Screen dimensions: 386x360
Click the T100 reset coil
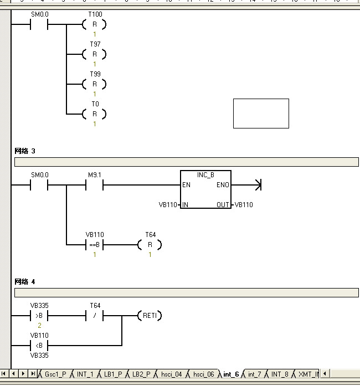[x=94, y=24]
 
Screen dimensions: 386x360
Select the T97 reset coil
[x=94, y=54]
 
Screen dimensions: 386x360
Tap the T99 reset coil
[x=94, y=84]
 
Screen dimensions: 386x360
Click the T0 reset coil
[x=94, y=114]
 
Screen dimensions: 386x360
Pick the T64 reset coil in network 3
[x=150, y=245]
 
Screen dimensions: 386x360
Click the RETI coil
[x=150, y=316]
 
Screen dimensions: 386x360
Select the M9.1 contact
[x=94, y=185]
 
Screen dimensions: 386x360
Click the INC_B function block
[x=205, y=190]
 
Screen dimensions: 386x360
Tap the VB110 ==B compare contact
[x=94, y=245]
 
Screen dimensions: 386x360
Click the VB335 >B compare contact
[x=39, y=316]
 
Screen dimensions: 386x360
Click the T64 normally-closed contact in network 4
[x=94, y=316]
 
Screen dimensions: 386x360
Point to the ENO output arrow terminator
[x=255, y=185]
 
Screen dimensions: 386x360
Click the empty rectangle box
[x=261, y=114]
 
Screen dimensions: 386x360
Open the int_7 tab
[x=254, y=374]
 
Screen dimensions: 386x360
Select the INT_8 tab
[x=280, y=374]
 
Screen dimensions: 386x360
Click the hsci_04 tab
[x=171, y=374]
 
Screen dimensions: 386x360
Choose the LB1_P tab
[x=113, y=374]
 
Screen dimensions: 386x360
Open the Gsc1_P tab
[x=55, y=374]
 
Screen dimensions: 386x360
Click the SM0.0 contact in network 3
[x=39, y=185]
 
